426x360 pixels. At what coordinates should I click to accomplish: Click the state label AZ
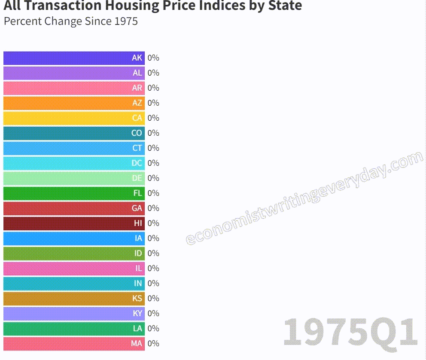pyautogui.click(x=137, y=103)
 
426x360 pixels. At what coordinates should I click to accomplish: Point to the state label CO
pyautogui.click(x=137, y=133)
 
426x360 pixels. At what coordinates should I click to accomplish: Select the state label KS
pyautogui.click(x=137, y=299)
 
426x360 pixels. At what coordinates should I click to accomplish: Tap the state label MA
pyautogui.click(x=137, y=344)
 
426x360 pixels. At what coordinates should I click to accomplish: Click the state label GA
pyautogui.click(x=137, y=208)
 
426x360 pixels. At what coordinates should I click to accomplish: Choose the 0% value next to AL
pyautogui.click(x=153, y=73)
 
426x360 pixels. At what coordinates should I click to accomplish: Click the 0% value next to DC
pyautogui.click(x=153, y=163)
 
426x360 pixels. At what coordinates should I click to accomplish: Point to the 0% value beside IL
pyautogui.click(x=153, y=268)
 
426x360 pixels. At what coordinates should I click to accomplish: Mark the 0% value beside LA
pyautogui.click(x=153, y=329)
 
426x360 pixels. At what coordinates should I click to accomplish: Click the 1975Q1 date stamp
pyautogui.click(x=350, y=332)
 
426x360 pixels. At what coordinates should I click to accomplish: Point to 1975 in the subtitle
pyautogui.click(x=126, y=21)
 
